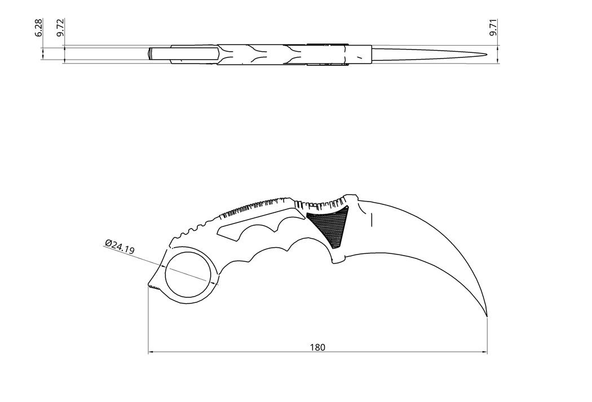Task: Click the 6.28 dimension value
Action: [38, 28]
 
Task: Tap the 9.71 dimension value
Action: [493, 28]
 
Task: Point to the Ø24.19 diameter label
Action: [119, 247]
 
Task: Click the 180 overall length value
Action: [317, 347]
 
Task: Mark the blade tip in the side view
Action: [488, 317]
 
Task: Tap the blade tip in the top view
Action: [487, 54]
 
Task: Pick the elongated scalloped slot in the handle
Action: [248, 227]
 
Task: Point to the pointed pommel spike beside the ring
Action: [151, 285]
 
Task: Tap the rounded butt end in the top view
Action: [150, 55]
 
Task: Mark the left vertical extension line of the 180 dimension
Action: [148, 321]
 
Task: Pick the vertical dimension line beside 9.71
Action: [498, 54]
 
